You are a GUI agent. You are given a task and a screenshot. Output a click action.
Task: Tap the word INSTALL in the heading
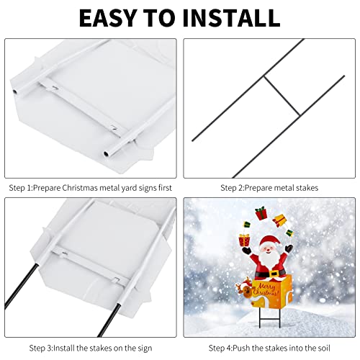click(x=231, y=18)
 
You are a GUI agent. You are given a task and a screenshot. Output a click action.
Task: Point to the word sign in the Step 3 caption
click(x=145, y=348)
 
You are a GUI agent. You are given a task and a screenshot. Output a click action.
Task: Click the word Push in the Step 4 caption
click(x=241, y=348)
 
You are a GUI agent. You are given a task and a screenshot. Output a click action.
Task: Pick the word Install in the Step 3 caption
click(x=63, y=348)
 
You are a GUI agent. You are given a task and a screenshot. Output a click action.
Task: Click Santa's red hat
click(x=270, y=241)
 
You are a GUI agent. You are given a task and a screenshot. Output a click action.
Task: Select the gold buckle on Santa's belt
click(x=273, y=274)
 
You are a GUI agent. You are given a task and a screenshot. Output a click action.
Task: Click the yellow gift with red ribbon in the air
click(x=279, y=220)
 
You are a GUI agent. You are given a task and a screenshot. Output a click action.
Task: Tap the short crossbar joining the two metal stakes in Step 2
click(x=282, y=96)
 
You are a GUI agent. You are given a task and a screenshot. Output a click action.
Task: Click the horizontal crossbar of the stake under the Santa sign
click(x=270, y=319)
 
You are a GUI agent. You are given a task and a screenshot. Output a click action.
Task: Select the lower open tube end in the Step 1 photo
click(x=107, y=153)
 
